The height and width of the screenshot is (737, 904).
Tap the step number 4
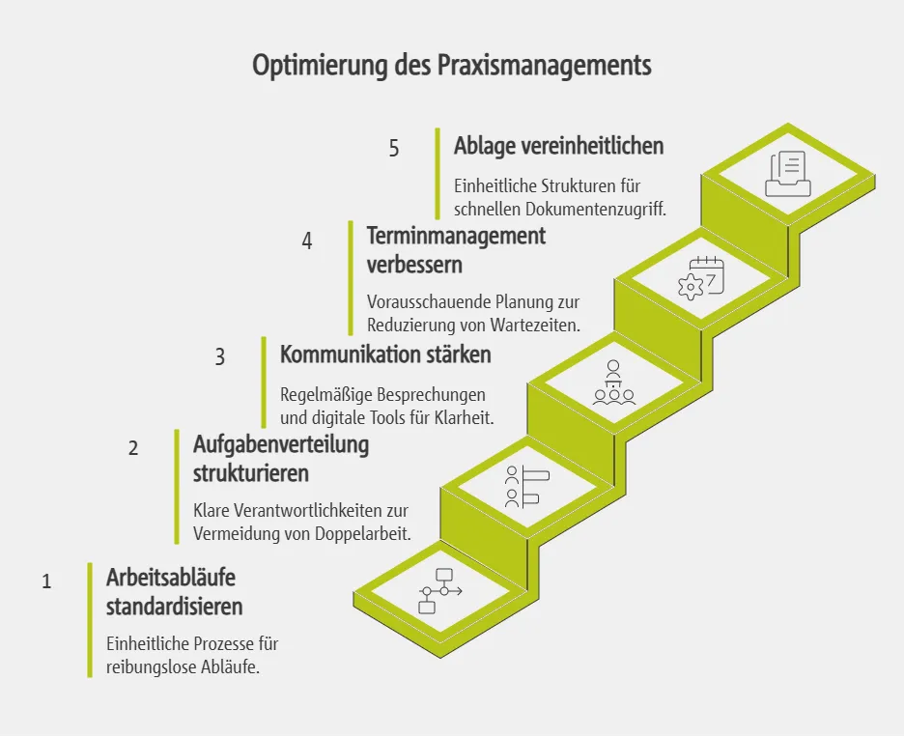307,241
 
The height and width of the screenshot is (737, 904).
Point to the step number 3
220,356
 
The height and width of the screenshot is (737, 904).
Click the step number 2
133,448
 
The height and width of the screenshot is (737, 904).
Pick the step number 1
46,581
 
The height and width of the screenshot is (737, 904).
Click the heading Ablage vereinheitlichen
558,146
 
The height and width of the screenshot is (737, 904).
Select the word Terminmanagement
456,235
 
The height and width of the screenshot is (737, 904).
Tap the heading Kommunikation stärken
385,354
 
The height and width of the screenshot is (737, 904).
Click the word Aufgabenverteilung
281,445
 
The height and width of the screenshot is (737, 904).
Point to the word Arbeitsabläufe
171,577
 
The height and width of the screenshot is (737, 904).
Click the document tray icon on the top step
788,174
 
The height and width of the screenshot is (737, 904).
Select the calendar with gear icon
701,278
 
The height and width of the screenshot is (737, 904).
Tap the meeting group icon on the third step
613,383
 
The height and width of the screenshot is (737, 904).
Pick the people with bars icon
526,487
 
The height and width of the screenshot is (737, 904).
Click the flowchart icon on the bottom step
439,591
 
